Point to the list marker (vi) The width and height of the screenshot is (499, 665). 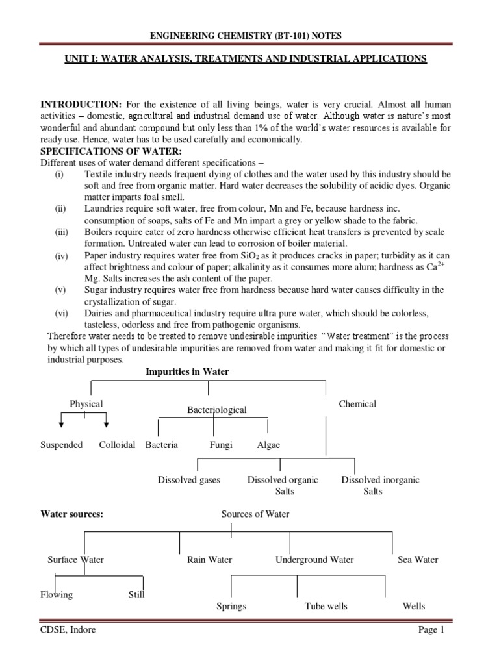coord(61,313)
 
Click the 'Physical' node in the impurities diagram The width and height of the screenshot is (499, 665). coord(86,404)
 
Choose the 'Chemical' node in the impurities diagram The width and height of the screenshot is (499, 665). coord(357,404)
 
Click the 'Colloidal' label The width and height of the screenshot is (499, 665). coord(117,445)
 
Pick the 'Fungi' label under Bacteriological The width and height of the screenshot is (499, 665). coord(220,445)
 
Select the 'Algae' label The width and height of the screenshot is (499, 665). coord(269,445)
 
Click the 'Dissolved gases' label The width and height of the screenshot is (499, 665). coord(189,480)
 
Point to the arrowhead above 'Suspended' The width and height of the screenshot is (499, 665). coord(62,424)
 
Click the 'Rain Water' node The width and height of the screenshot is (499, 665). coord(209,560)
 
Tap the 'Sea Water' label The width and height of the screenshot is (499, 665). coord(418,560)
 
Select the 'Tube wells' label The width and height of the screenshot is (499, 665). coord(326,606)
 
